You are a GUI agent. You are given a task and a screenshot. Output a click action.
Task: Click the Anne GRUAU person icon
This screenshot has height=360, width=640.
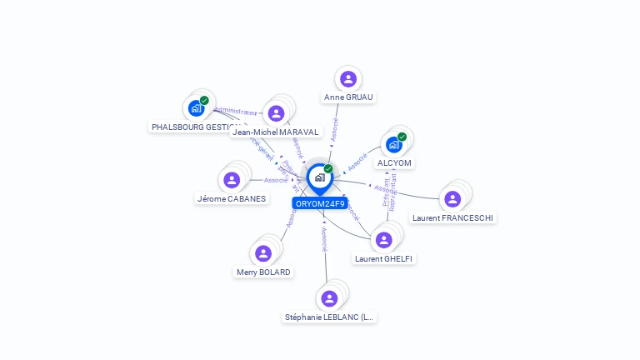348,79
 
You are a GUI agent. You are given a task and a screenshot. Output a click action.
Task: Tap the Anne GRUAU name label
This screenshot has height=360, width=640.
348,97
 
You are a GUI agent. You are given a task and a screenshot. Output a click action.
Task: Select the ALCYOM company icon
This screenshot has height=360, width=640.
394,144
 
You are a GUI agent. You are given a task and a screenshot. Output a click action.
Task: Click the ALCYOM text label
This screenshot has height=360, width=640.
394,162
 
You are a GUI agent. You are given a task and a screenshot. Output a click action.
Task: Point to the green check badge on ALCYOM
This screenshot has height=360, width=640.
402,137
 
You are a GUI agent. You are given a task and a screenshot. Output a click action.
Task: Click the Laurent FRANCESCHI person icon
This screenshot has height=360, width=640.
452,199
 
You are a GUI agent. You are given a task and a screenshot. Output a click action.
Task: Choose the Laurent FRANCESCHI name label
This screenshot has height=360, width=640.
452,217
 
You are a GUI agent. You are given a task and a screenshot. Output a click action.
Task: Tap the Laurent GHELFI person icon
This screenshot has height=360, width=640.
383,240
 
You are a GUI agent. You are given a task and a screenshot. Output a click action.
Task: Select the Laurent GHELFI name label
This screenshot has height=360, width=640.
383,258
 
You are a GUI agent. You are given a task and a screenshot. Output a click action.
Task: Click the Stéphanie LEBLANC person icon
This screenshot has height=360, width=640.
329,298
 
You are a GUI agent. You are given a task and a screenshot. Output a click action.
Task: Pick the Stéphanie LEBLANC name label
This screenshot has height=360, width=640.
330,317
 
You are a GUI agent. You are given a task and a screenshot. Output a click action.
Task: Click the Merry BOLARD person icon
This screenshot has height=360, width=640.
263,253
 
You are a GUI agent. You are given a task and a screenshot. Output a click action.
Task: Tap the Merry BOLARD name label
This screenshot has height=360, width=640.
263,272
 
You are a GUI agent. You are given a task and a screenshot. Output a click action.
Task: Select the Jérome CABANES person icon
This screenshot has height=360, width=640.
232,180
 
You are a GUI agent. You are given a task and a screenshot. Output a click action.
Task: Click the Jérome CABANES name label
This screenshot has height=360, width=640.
232,198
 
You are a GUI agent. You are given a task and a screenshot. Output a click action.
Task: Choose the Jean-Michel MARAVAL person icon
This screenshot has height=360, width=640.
276,113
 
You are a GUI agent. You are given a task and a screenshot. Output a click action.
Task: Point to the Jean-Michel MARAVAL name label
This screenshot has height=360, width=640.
276,132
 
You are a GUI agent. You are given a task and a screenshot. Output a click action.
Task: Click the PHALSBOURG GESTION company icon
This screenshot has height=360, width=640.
196,108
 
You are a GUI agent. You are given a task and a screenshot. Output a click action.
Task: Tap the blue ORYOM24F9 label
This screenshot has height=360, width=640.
320,203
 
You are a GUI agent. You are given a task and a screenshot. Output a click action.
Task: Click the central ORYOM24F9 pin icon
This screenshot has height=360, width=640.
319,177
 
